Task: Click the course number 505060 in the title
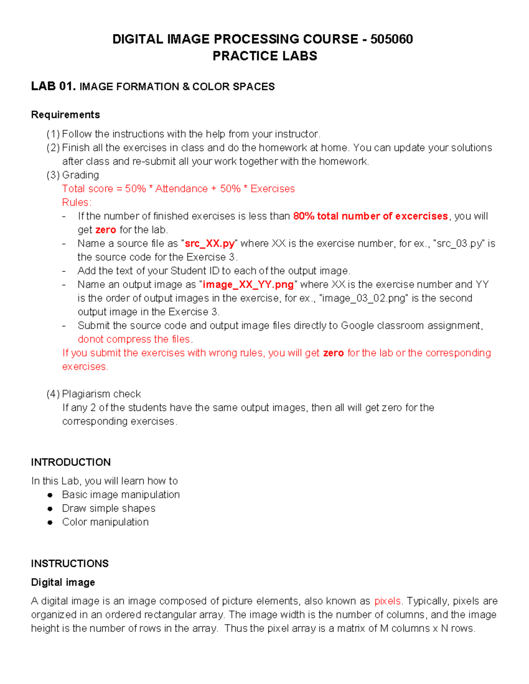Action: coord(391,39)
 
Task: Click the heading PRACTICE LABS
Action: coord(264,56)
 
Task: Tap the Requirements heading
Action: coord(65,115)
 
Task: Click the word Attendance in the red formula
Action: coord(181,189)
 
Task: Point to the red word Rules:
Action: coord(77,202)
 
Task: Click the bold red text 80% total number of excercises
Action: coord(370,216)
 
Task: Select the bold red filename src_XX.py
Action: coord(209,243)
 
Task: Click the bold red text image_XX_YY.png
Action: coord(248,285)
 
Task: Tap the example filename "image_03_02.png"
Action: coord(364,298)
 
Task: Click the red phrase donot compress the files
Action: coord(134,339)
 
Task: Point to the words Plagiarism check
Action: coord(101,394)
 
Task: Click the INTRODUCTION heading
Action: coord(71,462)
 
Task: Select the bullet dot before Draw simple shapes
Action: coord(50,509)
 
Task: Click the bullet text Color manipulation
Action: coord(105,522)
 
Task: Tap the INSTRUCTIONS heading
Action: coord(70,563)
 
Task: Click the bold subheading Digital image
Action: coord(63,582)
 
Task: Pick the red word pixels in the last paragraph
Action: coord(387,601)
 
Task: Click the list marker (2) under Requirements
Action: coord(53,148)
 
